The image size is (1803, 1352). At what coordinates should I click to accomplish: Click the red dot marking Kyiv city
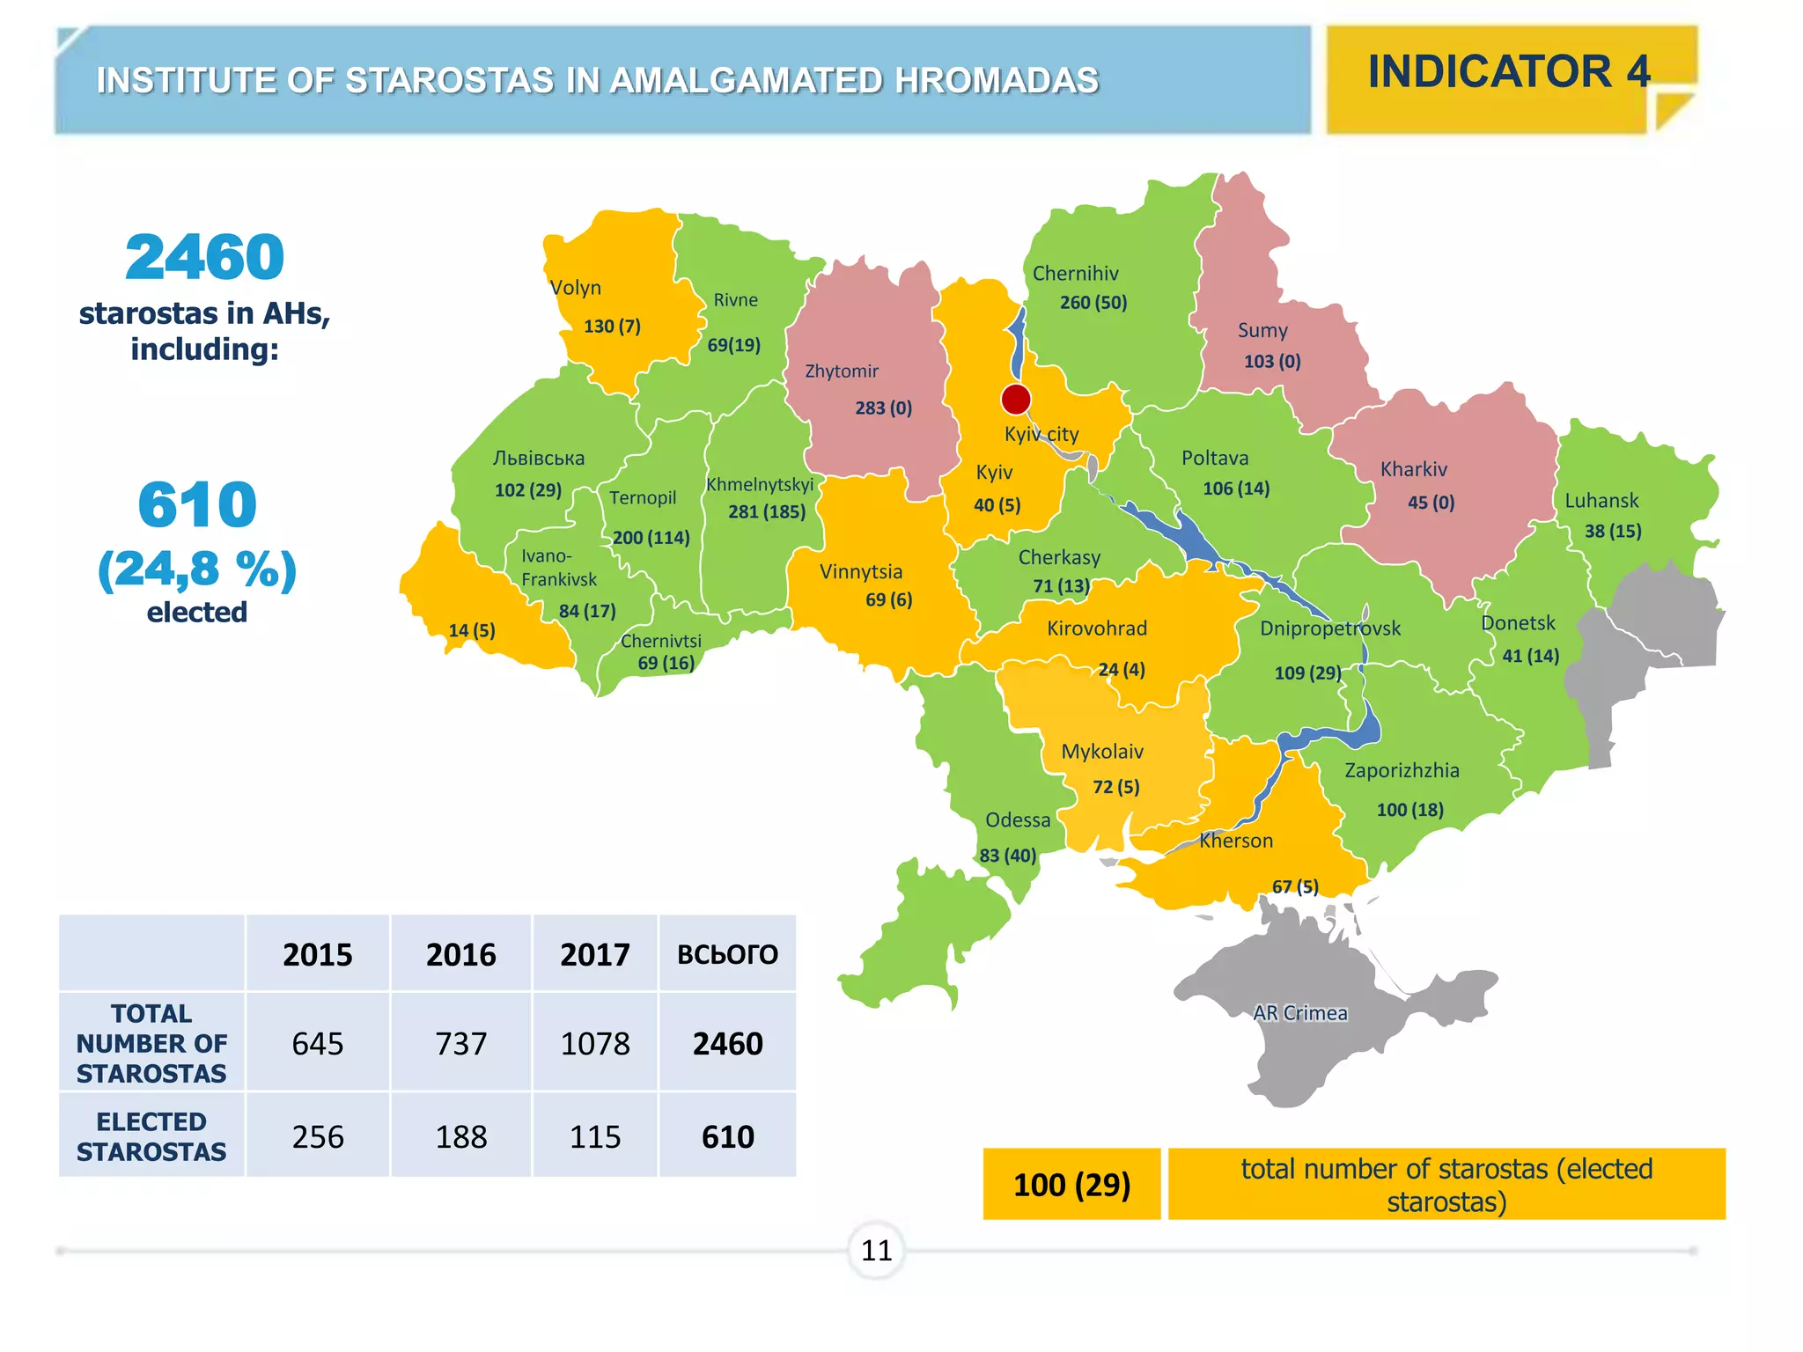(x=1016, y=399)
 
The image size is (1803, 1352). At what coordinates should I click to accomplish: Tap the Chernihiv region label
(x=1075, y=274)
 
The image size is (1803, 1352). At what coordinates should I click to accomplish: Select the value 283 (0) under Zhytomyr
(x=883, y=408)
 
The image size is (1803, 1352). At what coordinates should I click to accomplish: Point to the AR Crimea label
(x=1299, y=1013)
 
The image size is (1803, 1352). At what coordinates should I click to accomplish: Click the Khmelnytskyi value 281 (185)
(x=766, y=511)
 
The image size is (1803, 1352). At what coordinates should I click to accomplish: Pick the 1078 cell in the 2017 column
(x=595, y=1044)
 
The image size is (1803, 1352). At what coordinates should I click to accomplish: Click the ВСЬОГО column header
(x=727, y=955)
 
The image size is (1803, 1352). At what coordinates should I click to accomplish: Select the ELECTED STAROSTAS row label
(x=151, y=1136)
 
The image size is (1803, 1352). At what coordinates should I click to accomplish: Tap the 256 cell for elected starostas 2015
(x=318, y=1137)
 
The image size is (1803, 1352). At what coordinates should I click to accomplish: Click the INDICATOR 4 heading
(x=1509, y=72)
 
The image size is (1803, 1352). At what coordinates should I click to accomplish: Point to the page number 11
(x=876, y=1250)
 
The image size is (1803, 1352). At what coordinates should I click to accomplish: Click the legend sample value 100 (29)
(x=1071, y=1185)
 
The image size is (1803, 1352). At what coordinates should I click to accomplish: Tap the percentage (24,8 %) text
(x=197, y=569)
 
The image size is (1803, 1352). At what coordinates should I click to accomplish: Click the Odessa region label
(x=1018, y=820)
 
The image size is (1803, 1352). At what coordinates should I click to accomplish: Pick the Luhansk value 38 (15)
(x=1613, y=531)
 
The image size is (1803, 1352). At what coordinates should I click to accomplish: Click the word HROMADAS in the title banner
(x=997, y=81)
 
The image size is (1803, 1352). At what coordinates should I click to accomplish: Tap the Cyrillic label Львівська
(x=538, y=459)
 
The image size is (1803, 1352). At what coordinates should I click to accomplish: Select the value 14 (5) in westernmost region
(x=472, y=630)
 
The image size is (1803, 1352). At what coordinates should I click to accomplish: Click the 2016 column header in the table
(x=460, y=955)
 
